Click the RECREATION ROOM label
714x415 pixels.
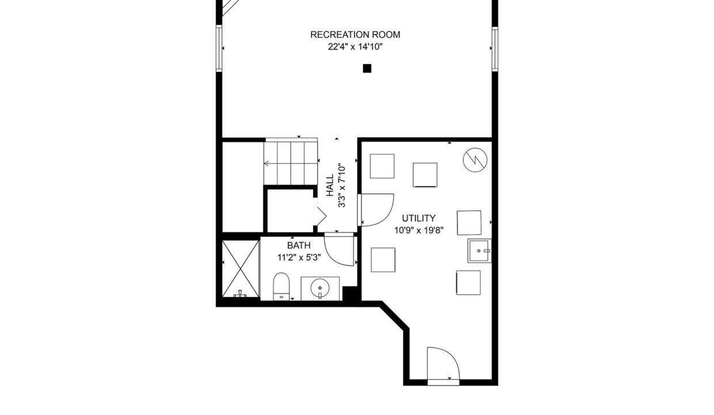point(355,35)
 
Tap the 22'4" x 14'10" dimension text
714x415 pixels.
point(355,47)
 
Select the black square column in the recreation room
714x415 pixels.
point(367,68)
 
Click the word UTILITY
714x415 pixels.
point(419,218)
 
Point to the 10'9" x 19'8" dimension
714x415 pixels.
point(419,230)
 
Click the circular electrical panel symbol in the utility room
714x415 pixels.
point(475,160)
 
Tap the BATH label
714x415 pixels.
point(299,246)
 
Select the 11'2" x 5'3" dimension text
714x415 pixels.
point(299,258)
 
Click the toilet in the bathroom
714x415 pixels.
point(281,286)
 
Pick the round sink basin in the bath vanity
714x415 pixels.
point(320,288)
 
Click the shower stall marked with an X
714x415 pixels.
point(241,269)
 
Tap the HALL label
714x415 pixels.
point(329,185)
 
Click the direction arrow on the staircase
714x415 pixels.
point(291,164)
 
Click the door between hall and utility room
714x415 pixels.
point(376,210)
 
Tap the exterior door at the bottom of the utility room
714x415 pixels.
point(443,365)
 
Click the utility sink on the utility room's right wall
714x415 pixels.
point(480,251)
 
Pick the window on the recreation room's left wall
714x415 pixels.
point(219,48)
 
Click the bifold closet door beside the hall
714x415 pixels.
point(320,216)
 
